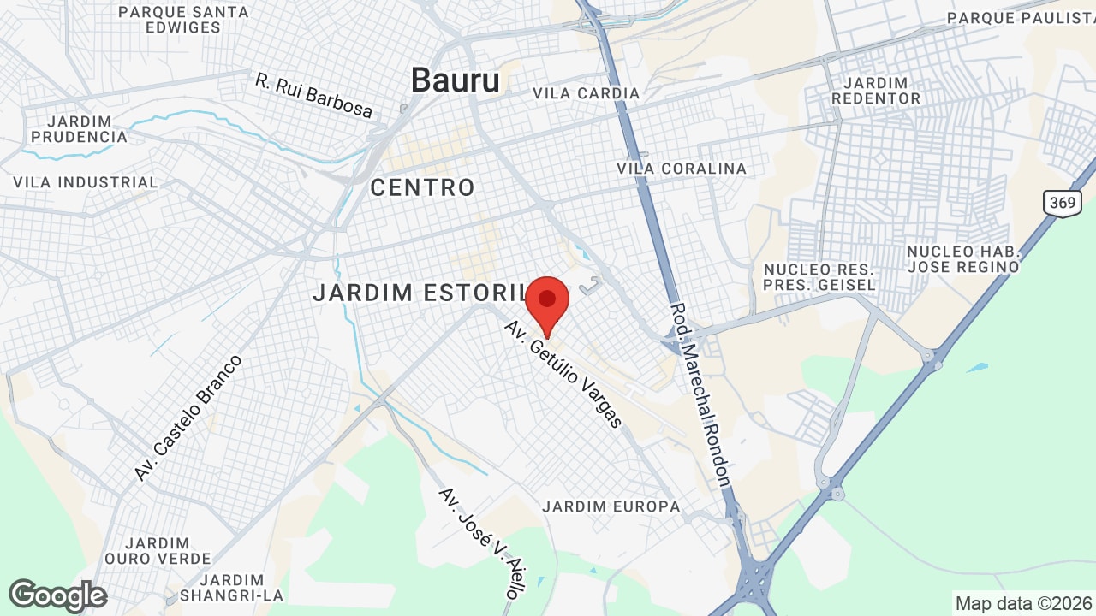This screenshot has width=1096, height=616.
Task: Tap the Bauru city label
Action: (x=455, y=80)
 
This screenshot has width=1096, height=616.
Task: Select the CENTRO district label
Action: (x=422, y=188)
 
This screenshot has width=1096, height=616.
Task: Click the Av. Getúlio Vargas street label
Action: (x=563, y=375)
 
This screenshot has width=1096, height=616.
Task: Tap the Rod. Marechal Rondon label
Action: (x=700, y=394)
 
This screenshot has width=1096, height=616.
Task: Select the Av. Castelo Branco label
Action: (x=188, y=418)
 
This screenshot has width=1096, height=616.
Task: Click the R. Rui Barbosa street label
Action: (x=314, y=95)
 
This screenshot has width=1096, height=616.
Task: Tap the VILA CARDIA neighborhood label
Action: (x=586, y=93)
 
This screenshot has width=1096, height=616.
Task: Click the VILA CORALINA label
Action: (x=682, y=169)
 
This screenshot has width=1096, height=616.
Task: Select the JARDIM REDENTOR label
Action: (x=881, y=91)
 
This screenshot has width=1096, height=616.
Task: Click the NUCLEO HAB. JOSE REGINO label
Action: (x=963, y=258)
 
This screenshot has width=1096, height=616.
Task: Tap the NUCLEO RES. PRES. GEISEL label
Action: (x=819, y=277)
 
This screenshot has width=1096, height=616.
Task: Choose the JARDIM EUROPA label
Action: (x=611, y=506)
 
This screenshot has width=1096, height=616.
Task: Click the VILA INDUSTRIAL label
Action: (x=86, y=182)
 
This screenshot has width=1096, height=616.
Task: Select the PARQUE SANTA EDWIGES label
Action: (x=183, y=20)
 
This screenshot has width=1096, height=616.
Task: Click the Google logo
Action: (x=57, y=595)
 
